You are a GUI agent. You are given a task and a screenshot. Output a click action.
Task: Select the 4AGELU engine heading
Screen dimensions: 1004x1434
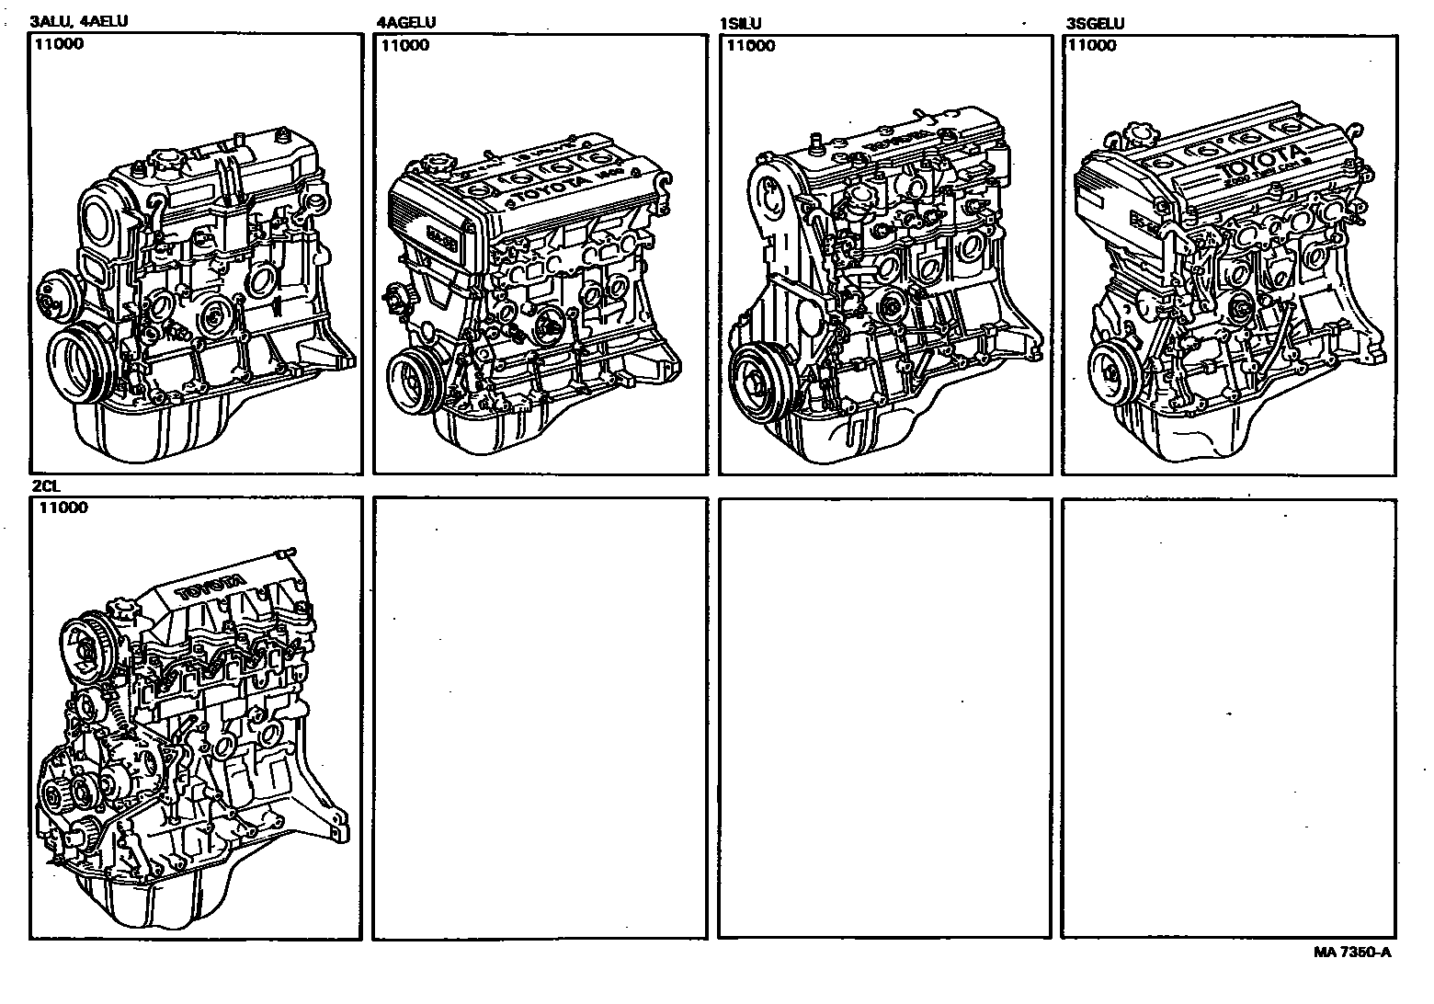(x=406, y=23)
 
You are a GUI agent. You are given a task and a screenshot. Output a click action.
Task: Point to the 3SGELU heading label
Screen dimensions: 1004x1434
(x=1095, y=24)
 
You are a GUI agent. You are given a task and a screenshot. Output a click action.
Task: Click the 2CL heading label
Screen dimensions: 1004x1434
(x=45, y=486)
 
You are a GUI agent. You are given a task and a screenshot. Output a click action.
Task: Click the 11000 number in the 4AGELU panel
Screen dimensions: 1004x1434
(x=405, y=45)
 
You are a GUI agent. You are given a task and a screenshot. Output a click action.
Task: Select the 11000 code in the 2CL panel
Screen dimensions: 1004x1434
(x=63, y=508)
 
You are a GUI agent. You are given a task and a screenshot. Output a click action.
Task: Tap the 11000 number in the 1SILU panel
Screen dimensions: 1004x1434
(x=750, y=45)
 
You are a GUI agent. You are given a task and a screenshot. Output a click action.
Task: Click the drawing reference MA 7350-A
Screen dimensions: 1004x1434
(x=1351, y=953)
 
